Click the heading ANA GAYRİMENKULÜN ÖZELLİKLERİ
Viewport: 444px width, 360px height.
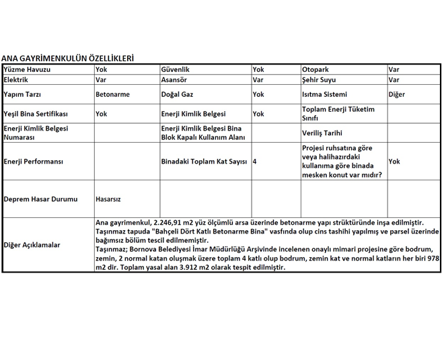click(x=67, y=59)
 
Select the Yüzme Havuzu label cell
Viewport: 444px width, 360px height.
click(x=27, y=69)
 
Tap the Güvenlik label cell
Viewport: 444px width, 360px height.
click(x=176, y=69)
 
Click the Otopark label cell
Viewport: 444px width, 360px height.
click(x=316, y=69)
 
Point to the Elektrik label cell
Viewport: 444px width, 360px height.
click(x=16, y=79)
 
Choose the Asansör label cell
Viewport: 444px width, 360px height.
click(x=175, y=79)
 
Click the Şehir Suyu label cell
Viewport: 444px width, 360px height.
click(x=320, y=79)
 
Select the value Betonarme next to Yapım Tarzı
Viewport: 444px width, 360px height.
click(x=113, y=94)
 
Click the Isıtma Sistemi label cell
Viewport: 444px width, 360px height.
click(x=325, y=94)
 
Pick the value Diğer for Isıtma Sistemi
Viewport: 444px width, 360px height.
click(x=397, y=94)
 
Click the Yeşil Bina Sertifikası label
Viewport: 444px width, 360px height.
click(x=36, y=114)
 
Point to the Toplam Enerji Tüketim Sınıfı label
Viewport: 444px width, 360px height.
click(x=338, y=114)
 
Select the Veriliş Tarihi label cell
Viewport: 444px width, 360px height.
click(x=323, y=133)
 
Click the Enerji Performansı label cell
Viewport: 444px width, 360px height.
click(x=33, y=161)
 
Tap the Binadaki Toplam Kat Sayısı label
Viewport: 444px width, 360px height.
click(x=205, y=161)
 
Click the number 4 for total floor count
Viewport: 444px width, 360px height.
click(x=254, y=161)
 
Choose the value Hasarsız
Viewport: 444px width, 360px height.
click(x=108, y=199)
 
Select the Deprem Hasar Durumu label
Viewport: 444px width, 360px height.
click(x=40, y=199)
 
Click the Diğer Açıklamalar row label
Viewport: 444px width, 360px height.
click(x=32, y=245)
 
